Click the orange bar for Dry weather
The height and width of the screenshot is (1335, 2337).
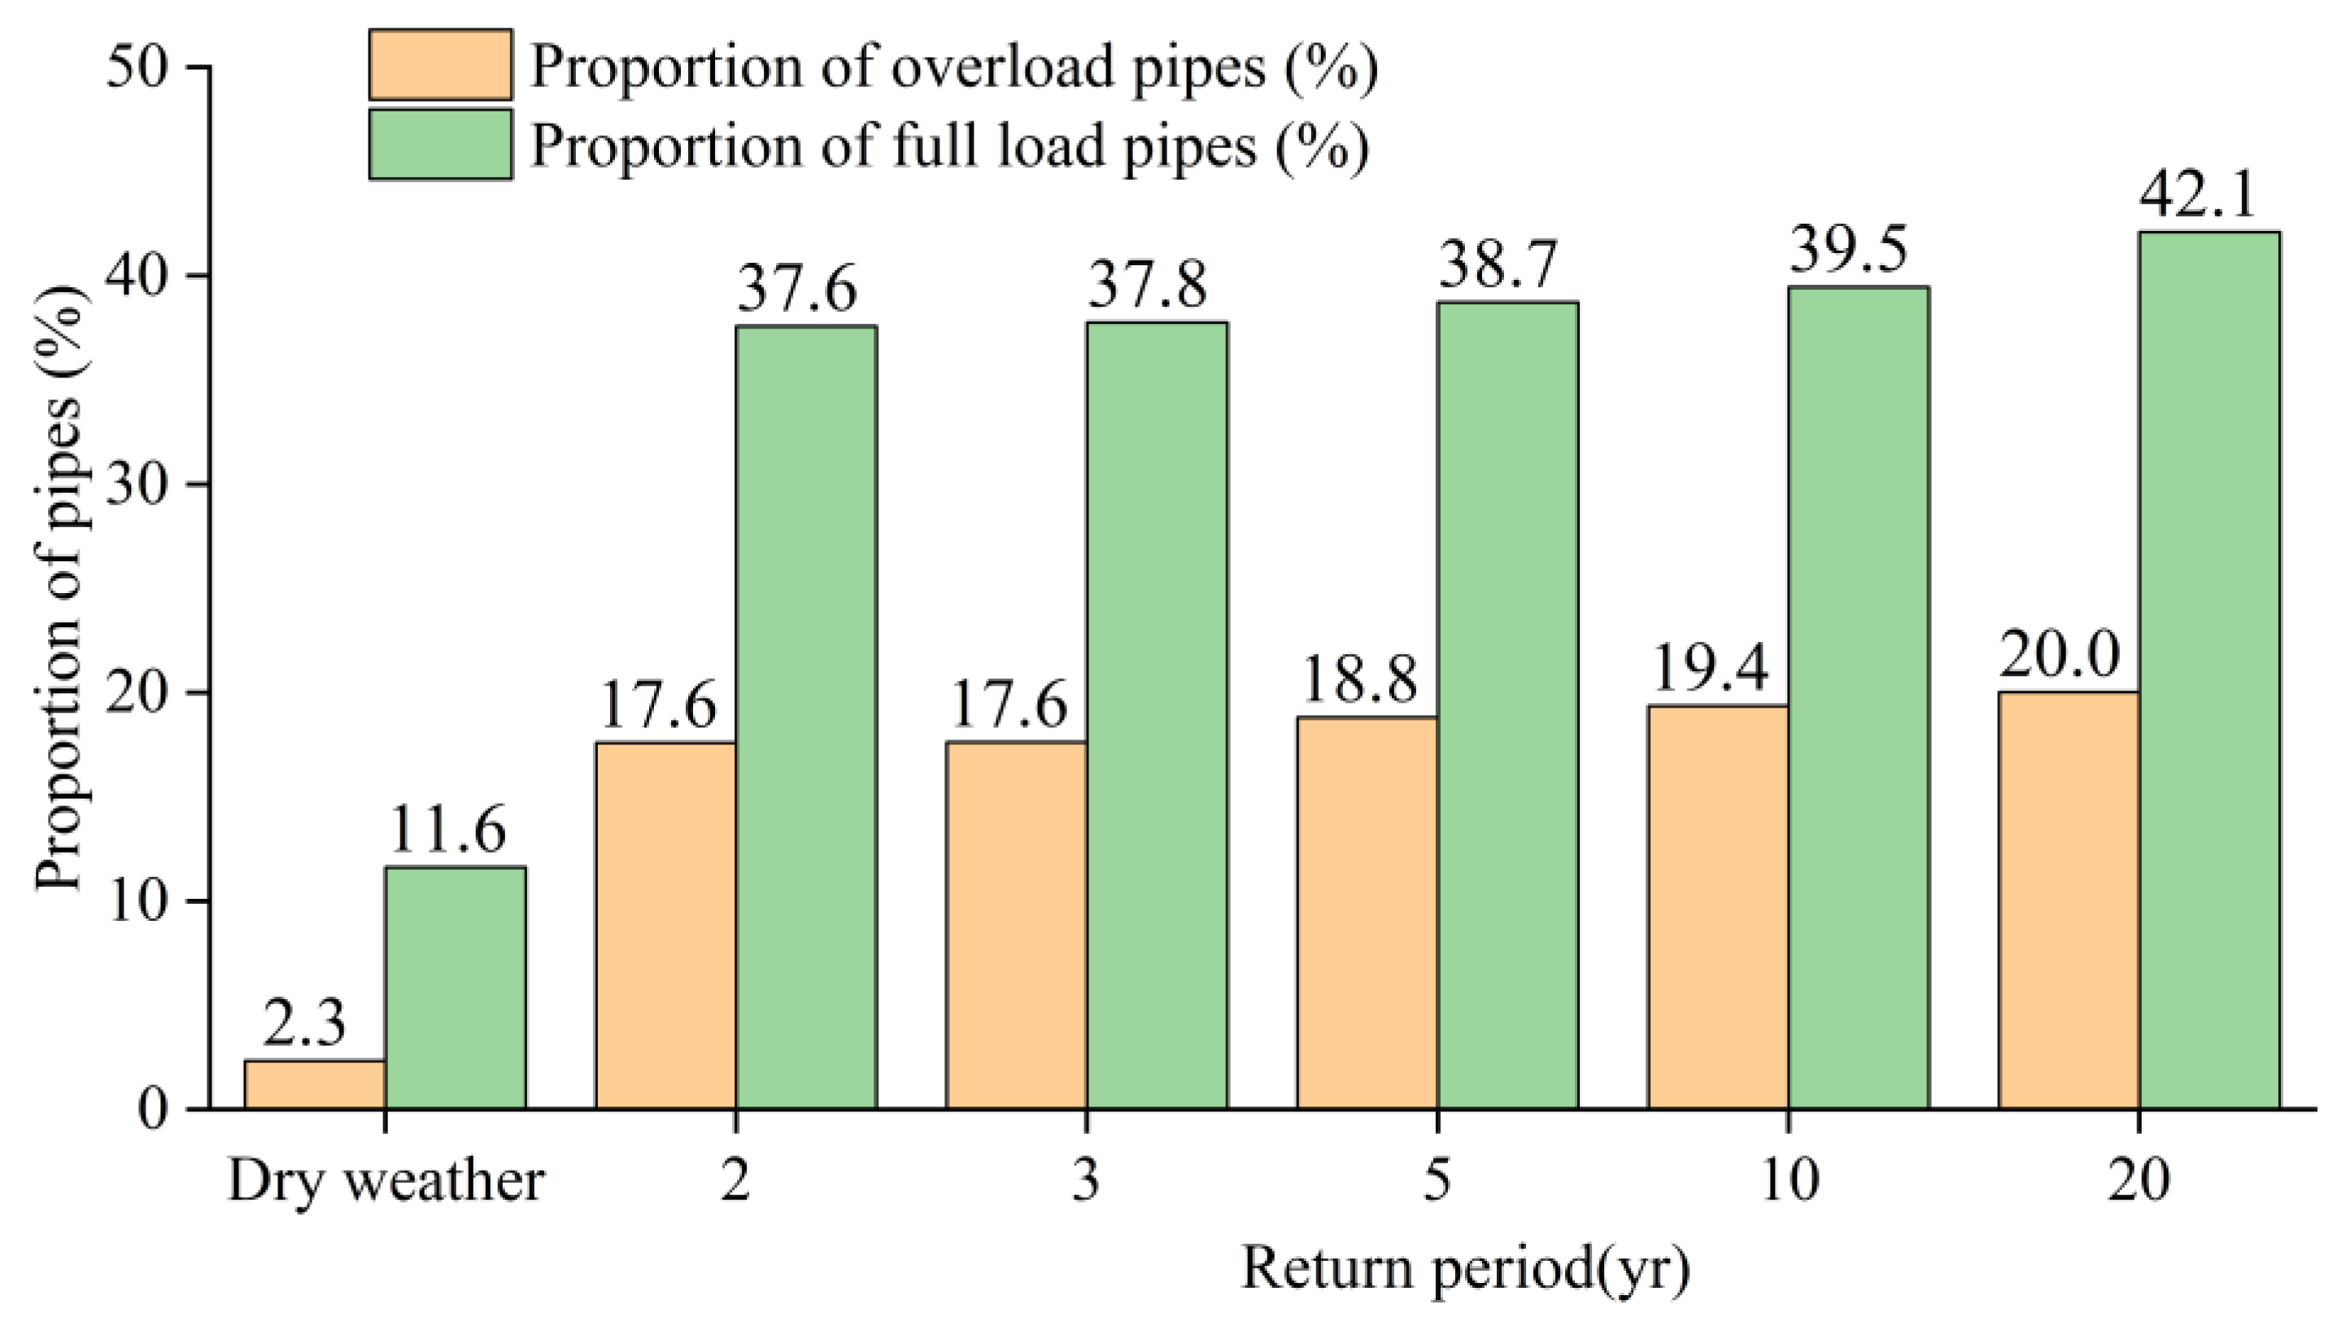tap(315, 1084)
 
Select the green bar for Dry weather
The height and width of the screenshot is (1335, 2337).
tap(455, 988)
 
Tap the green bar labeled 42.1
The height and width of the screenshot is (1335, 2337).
tap(2208, 670)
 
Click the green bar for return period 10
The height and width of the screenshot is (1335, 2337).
tap(1858, 697)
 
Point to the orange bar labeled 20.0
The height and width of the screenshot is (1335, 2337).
tap(2069, 901)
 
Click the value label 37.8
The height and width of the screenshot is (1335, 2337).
tap(1147, 286)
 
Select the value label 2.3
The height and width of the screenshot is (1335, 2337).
tap(303, 1024)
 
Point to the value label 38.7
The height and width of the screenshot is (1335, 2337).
tap(1498, 265)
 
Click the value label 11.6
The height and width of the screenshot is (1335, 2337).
tap(447, 830)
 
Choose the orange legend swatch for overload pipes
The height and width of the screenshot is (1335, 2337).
tap(440, 64)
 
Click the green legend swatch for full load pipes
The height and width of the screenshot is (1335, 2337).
tap(440, 144)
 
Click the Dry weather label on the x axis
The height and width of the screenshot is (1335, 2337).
tap(385, 1181)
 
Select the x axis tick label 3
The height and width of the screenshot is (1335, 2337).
tap(1087, 1181)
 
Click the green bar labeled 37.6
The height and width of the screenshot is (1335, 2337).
tap(806, 717)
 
